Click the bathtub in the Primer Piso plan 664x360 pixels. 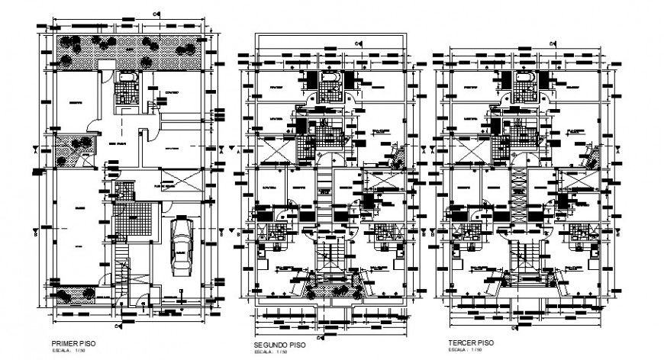[x=125, y=79]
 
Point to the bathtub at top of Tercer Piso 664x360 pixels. [x=525, y=79]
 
